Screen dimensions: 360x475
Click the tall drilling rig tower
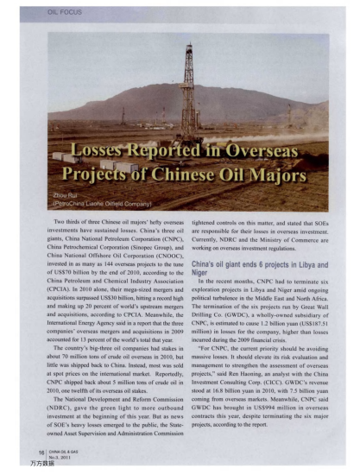pyautogui.click(x=186, y=86)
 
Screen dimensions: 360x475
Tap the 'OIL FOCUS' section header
pyautogui.click(x=52, y=12)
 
